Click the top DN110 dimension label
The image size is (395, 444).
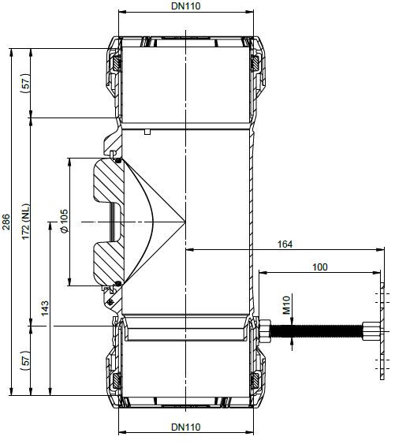pyautogui.click(x=186, y=6)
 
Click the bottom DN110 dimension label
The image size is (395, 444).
pyautogui.click(x=186, y=427)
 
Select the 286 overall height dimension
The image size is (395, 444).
pyautogui.click(x=6, y=222)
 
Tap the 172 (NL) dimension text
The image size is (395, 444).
pyautogui.click(x=26, y=222)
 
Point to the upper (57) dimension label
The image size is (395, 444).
pyautogui.click(x=26, y=84)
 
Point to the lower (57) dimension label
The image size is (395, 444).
pyautogui.click(x=26, y=361)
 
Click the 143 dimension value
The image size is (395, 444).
pyautogui.click(x=45, y=308)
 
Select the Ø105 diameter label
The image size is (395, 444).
pyautogui.click(x=65, y=221)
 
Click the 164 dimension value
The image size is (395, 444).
pyautogui.click(x=285, y=244)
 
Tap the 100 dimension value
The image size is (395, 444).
pyautogui.click(x=319, y=267)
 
